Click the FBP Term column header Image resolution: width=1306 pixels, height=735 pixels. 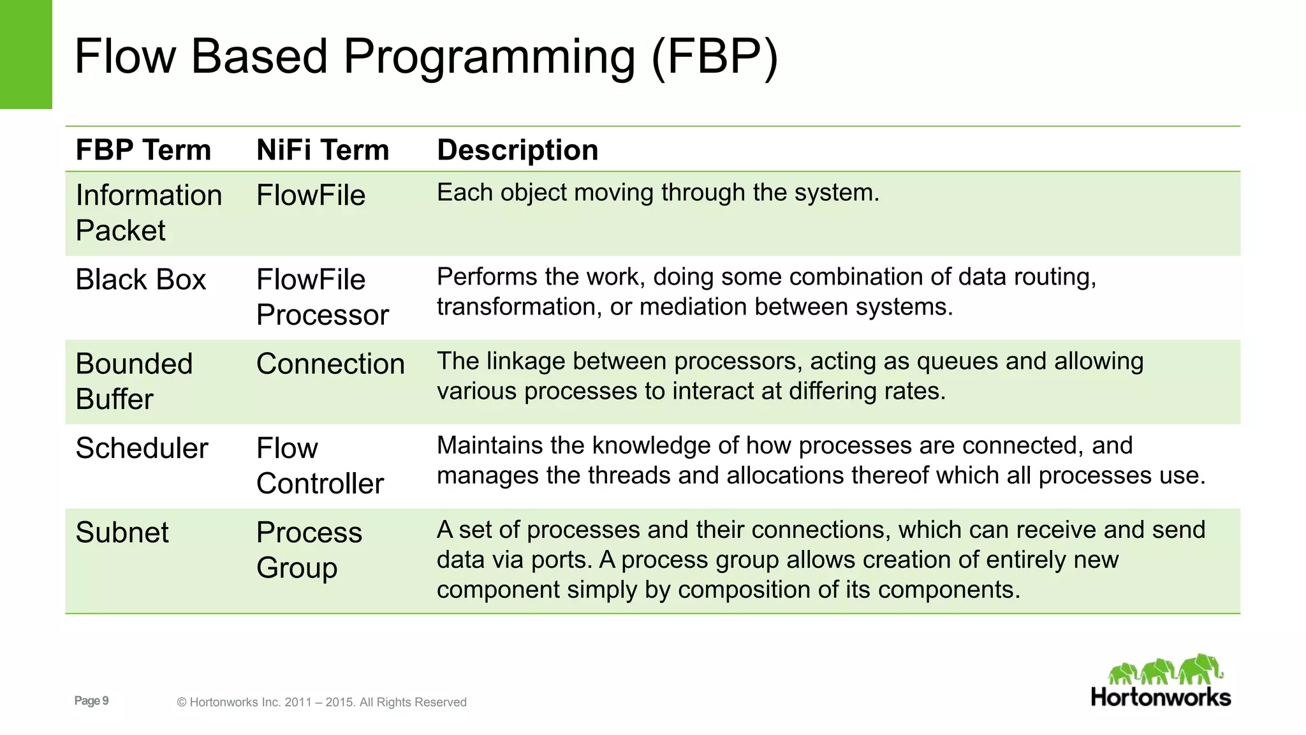(x=143, y=151)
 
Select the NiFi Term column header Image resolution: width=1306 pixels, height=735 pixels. (x=322, y=151)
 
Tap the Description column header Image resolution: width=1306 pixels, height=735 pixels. (x=517, y=151)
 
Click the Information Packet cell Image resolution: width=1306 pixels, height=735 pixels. (x=148, y=212)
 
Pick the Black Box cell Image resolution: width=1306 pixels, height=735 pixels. (x=140, y=280)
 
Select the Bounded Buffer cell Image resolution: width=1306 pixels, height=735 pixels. (x=133, y=381)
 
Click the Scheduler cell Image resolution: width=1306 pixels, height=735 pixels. (x=142, y=449)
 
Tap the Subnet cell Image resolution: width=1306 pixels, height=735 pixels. (x=122, y=533)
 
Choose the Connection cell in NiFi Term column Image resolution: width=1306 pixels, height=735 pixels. (x=330, y=364)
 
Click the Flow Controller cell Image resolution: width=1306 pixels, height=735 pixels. (x=319, y=466)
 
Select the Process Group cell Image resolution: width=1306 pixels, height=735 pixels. (x=309, y=549)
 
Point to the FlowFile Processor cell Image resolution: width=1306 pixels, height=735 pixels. (x=322, y=297)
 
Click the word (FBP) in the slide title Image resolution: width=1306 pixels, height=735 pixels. (x=714, y=57)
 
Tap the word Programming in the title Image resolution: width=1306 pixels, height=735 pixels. (x=489, y=57)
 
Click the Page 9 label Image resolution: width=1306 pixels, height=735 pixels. (x=91, y=701)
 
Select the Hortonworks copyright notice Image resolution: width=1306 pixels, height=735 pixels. (x=321, y=702)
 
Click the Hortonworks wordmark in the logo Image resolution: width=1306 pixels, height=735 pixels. (x=1161, y=697)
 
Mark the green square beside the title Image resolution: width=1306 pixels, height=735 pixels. (x=26, y=54)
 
